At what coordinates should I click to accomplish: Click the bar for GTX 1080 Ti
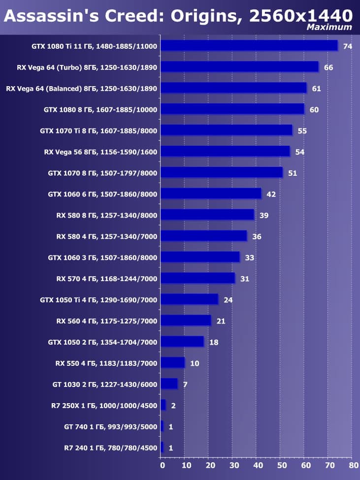[x=249, y=46]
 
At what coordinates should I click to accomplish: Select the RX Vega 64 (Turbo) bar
[x=239, y=67]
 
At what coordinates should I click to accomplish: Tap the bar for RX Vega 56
[x=225, y=152]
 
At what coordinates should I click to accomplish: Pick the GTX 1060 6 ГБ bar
[x=211, y=194]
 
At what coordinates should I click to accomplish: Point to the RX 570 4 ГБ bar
[x=197, y=279]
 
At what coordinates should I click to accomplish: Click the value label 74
[x=348, y=46]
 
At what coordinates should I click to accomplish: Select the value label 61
[x=317, y=89]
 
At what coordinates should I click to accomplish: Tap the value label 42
[x=271, y=194]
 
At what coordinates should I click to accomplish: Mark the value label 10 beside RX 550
[x=195, y=364]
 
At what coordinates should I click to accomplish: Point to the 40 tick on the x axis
[x=257, y=465]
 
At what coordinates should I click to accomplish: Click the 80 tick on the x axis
[x=353, y=465]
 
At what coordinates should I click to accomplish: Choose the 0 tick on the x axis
[x=162, y=465]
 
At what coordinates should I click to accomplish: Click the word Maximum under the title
[x=329, y=28]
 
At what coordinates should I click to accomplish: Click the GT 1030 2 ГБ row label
[x=105, y=384]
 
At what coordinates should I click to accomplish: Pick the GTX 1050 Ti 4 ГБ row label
[x=98, y=300]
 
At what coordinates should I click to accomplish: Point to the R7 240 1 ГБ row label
[x=107, y=448]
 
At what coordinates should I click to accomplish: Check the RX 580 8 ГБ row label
[x=107, y=215]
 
